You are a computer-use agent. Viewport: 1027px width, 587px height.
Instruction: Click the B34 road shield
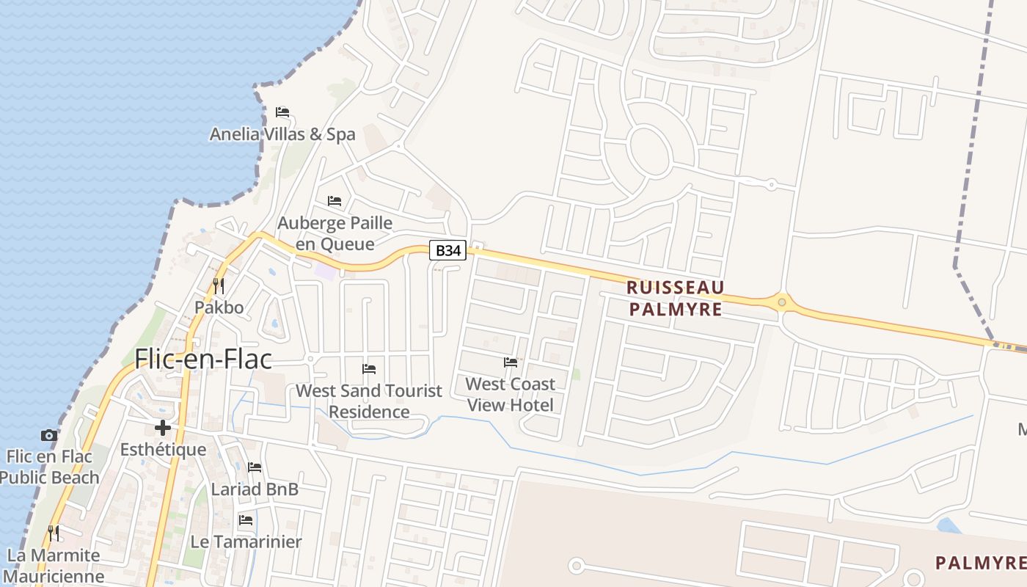(447, 251)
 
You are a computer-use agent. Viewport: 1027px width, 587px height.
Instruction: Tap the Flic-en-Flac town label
(203, 359)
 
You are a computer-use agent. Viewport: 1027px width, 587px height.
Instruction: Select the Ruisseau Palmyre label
(675, 298)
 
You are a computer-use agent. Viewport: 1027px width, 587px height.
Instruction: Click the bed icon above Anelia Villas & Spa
(282, 112)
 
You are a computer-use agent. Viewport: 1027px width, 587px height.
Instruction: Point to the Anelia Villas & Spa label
(282, 134)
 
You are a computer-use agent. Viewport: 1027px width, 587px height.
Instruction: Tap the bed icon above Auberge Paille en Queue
(335, 200)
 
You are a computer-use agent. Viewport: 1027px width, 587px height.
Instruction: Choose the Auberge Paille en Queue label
(335, 233)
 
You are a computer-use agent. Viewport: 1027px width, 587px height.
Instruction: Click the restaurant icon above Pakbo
(219, 285)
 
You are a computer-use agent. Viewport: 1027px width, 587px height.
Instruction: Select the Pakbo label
(219, 307)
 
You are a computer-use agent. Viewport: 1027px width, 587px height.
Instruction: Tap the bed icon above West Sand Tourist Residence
(369, 368)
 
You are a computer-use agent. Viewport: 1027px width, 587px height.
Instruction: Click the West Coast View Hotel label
(511, 394)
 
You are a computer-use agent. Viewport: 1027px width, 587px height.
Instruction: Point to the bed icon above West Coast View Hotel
(511, 362)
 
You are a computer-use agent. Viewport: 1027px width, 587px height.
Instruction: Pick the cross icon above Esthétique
(163, 427)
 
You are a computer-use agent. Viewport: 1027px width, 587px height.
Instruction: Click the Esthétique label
(163, 449)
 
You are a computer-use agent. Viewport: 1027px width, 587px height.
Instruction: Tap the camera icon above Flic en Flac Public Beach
(49, 435)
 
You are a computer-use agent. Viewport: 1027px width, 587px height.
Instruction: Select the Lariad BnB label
(255, 489)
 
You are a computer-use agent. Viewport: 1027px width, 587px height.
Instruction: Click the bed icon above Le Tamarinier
(246, 520)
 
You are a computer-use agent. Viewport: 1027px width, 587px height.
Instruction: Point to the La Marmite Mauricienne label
(53, 565)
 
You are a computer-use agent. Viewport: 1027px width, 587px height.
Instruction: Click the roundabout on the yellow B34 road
(783, 302)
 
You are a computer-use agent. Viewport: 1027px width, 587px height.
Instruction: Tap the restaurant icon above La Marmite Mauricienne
(53, 532)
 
